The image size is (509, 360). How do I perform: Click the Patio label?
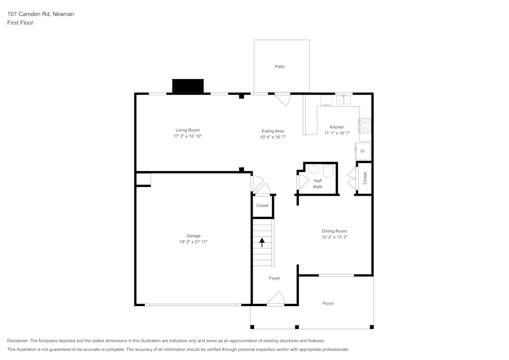[x=280, y=67]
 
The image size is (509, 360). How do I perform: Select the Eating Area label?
[x=273, y=131]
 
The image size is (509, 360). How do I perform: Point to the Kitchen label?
[x=337, y=127]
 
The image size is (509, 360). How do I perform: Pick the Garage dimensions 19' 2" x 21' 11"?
[x=193, y=242]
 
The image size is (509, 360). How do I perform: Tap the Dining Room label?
[x=334, y=231]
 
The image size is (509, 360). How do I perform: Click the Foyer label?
[x=275, y=278]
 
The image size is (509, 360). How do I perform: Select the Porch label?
[x=328, y=303]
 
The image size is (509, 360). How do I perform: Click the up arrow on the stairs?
[x=263, y=242]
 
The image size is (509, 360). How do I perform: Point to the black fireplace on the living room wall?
[x=188, y=86]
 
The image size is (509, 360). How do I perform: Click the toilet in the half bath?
[x=328, y=171]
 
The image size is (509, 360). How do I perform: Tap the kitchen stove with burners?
[x=365, y=126]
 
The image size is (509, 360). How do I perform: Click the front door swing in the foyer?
[x=276, y=298]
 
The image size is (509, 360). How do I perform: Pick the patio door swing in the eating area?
[x=282, y=99]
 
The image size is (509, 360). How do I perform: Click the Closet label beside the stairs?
[x=263, y=206]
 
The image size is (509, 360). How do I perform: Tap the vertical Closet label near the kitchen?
[x=365, y=178]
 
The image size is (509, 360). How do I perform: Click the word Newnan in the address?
[x=63, y=14]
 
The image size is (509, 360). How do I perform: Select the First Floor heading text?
[x=20, y=23]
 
